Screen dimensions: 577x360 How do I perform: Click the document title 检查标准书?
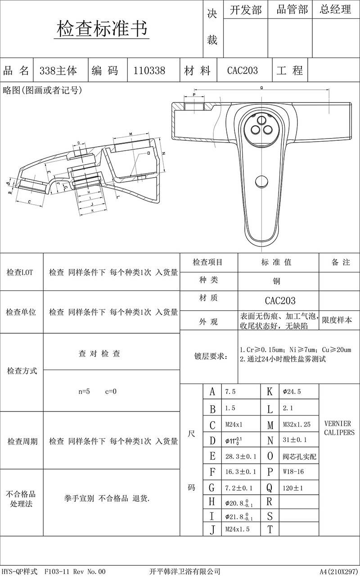point(102,29)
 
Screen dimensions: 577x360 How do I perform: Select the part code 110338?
point(149,71)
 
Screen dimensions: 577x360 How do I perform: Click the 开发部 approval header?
point(245,10)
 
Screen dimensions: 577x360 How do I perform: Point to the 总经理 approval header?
point(335,10)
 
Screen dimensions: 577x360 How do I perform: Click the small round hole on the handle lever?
point(261,182)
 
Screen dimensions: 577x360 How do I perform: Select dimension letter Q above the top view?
point(261,89)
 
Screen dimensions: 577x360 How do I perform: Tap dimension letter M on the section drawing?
point(130,134)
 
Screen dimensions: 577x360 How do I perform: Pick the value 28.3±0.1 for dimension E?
point(240,456)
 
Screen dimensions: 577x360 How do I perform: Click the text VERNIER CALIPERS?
point(339,428)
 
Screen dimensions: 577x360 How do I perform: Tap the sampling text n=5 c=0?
point(97,391)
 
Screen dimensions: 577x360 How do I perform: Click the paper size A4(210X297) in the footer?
point(339,571)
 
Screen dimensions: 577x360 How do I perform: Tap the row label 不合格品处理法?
point(22,499)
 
